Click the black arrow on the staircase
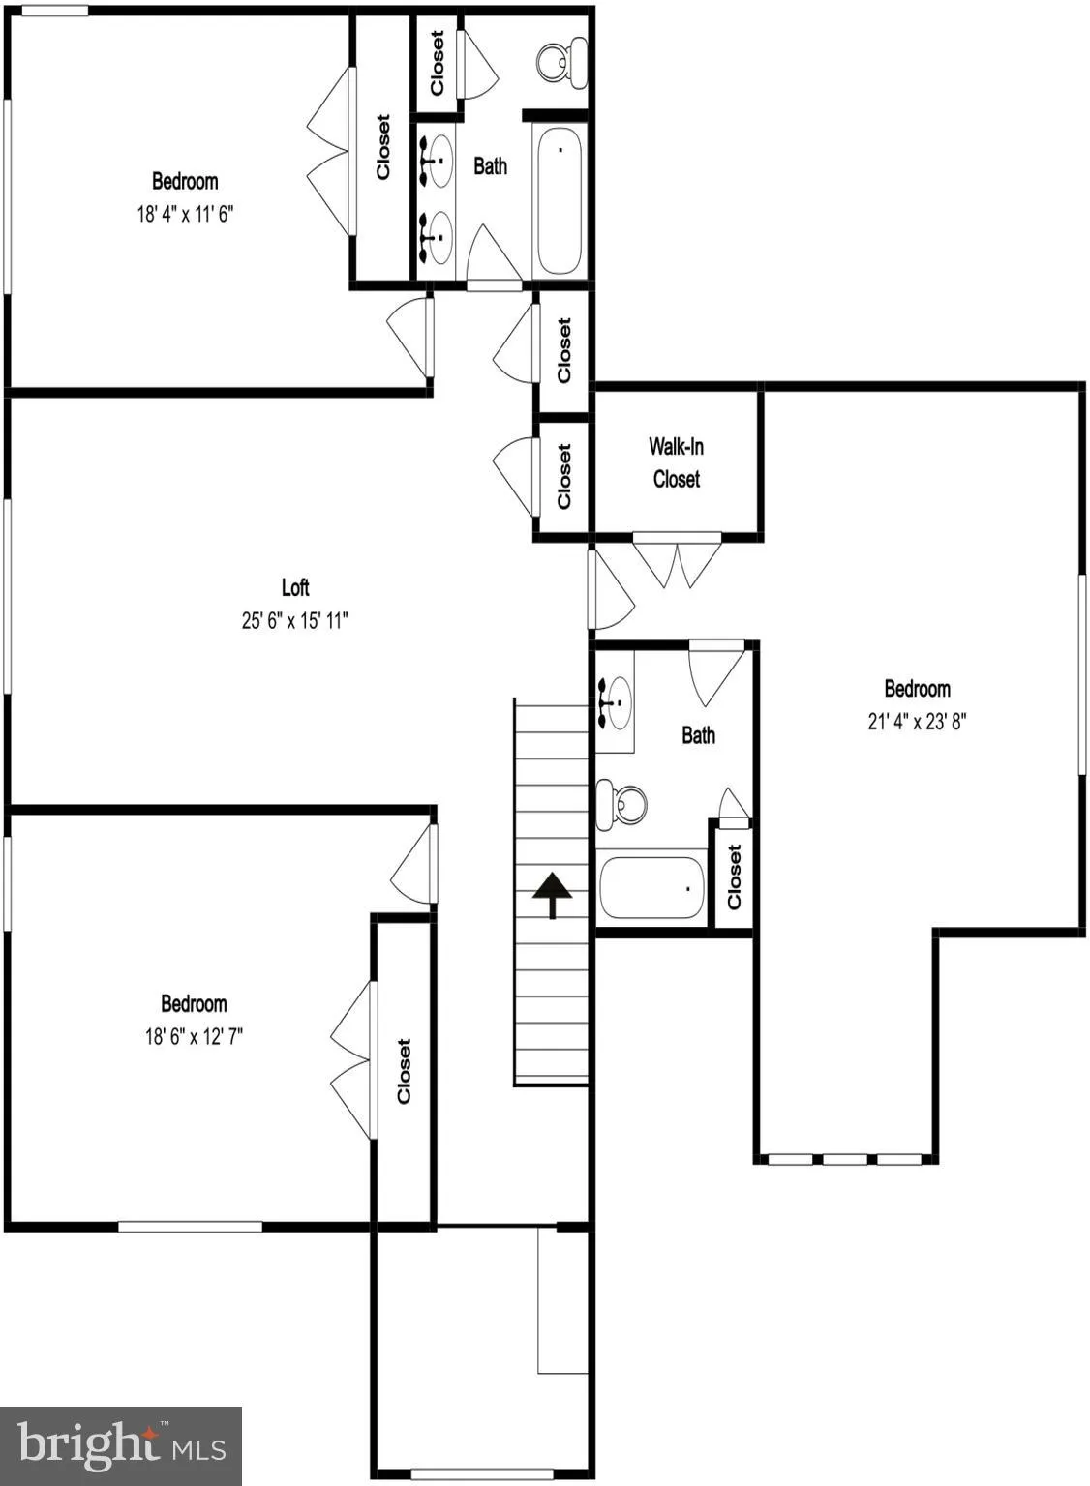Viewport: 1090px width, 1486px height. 552,893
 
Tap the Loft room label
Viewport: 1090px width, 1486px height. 295,587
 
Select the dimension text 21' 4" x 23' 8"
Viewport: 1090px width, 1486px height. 917,721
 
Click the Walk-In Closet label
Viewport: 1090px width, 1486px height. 676,462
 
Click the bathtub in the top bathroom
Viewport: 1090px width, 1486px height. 559,200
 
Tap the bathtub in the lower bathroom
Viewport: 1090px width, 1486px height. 651,887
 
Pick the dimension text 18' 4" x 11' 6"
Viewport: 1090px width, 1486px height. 185,213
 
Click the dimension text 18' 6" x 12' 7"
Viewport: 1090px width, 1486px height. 194,1036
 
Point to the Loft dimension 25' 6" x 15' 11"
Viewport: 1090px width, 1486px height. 294,620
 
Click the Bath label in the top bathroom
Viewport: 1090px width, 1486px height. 490,166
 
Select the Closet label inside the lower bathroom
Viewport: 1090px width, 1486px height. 734,877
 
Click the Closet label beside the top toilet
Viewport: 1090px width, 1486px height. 437,63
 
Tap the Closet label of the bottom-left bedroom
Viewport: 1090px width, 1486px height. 404,1071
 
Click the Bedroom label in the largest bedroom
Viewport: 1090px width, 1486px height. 917,689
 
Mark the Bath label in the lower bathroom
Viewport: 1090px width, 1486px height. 698,735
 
